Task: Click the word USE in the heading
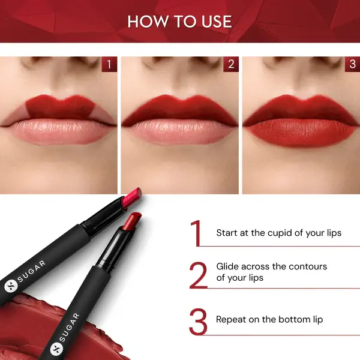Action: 214,22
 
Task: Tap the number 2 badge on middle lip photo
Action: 230,64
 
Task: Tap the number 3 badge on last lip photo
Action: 351,64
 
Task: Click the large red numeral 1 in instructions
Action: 196,233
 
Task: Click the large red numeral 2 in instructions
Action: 198,275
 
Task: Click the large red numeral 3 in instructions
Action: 198,321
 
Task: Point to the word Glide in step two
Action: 229,266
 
